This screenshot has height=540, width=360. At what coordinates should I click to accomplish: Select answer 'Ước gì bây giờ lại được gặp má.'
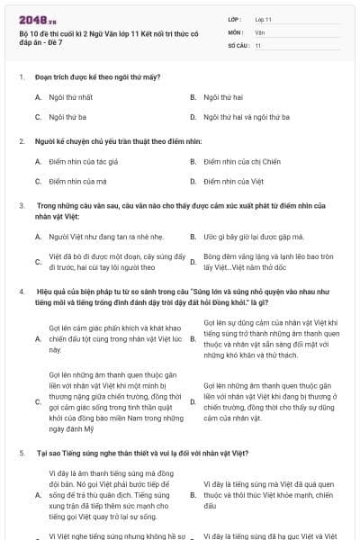(x=253, y=236)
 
